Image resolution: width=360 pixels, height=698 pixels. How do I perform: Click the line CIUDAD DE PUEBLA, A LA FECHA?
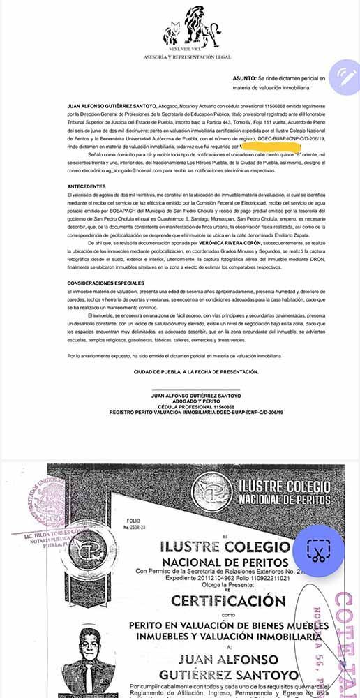coord(196,372)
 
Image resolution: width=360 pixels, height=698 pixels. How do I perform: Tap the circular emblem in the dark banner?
coord(212,491)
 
